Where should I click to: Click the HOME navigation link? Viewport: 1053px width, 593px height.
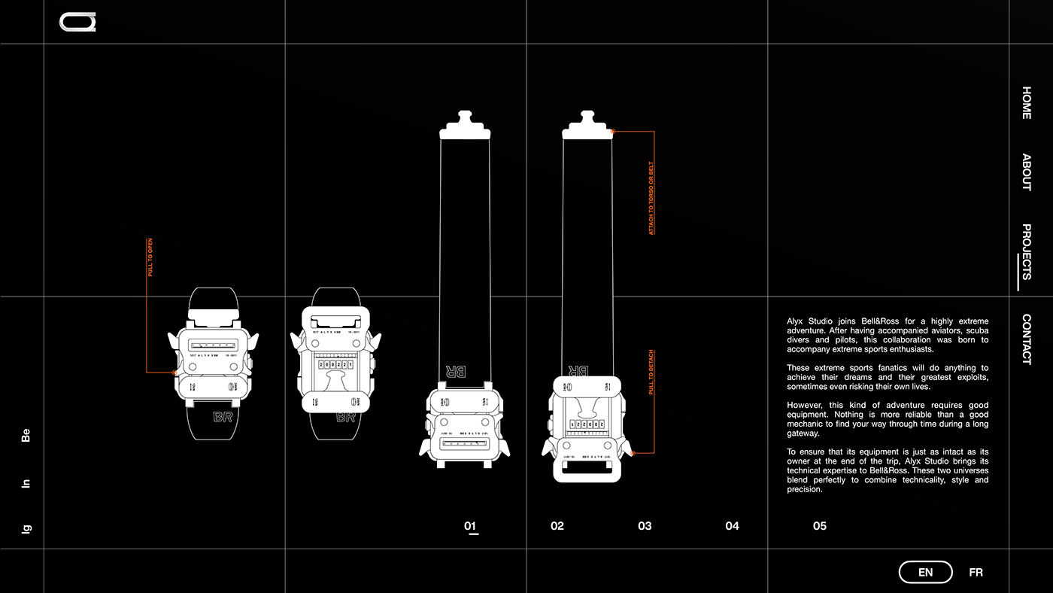1027,103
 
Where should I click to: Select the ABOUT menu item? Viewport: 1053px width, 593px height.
1027,172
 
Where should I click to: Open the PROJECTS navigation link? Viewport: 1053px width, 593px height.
1027,251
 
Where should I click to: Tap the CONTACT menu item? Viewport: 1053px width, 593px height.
1027,339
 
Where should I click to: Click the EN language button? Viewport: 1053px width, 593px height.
925,573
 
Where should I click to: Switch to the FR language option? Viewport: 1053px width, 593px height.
976,573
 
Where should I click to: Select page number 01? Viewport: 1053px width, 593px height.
470,526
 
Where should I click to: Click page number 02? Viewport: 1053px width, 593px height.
557,526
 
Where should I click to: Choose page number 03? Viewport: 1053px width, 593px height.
645,526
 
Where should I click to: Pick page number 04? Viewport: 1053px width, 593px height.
732,526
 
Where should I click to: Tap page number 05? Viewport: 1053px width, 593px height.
819,526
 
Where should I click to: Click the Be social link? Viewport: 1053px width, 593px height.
26,435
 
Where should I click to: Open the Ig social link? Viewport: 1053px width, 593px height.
26,529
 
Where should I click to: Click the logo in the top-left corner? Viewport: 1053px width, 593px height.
77,23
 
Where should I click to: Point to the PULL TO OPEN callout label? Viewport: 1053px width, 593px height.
150,258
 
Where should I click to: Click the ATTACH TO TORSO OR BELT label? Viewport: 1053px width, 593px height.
651,198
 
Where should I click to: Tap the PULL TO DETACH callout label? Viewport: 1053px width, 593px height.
651,373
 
